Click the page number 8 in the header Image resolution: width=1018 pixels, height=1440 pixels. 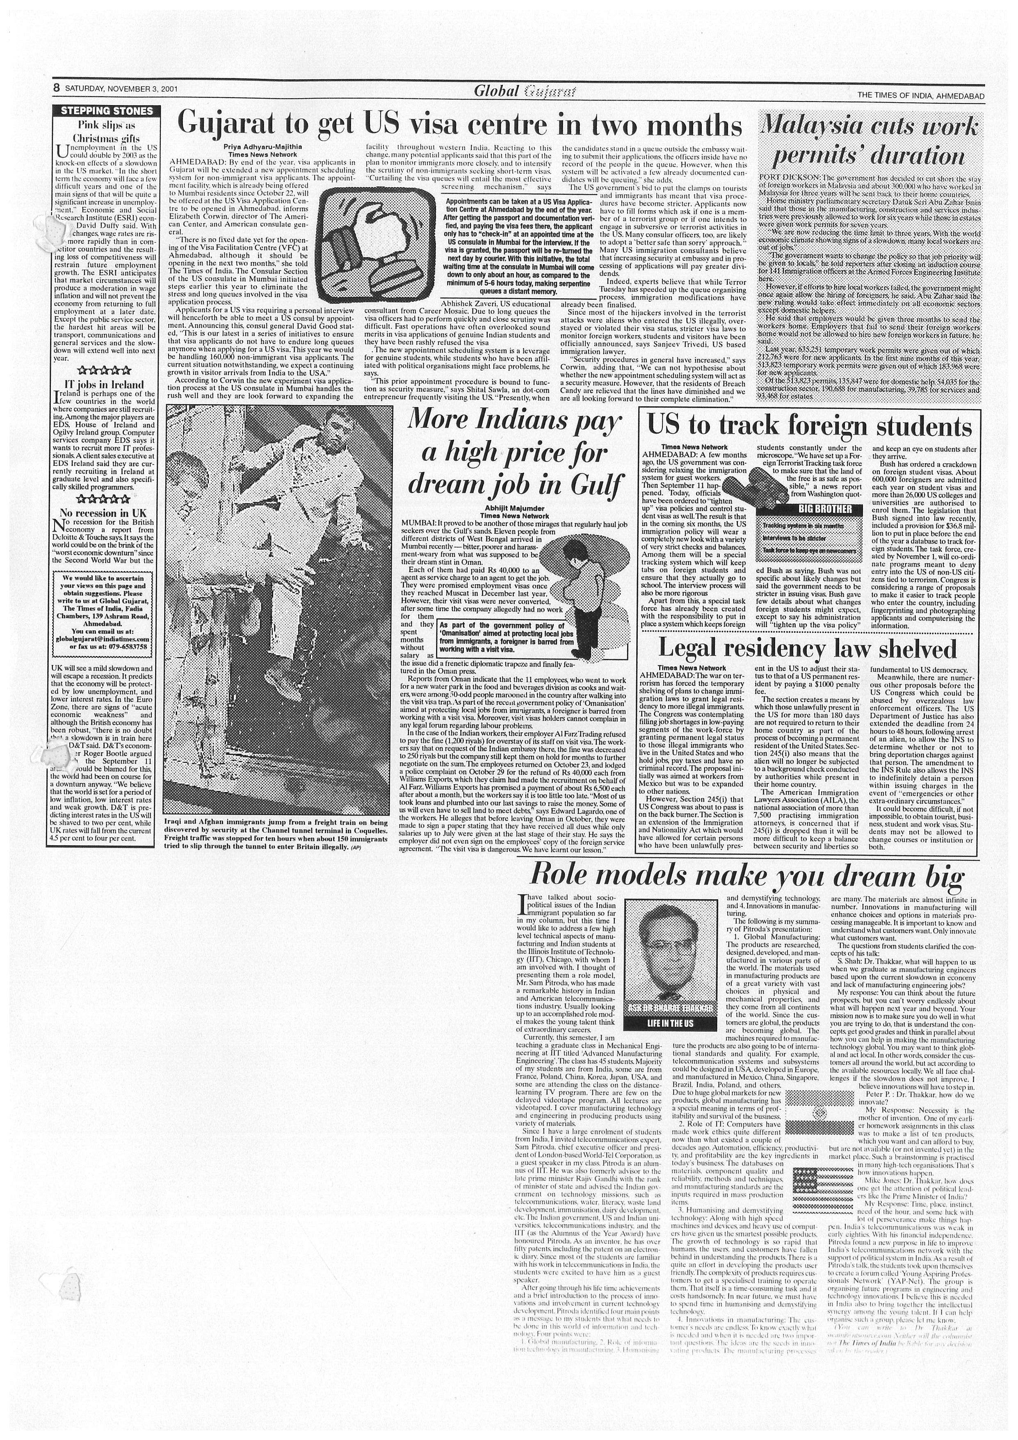pos(56,89)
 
